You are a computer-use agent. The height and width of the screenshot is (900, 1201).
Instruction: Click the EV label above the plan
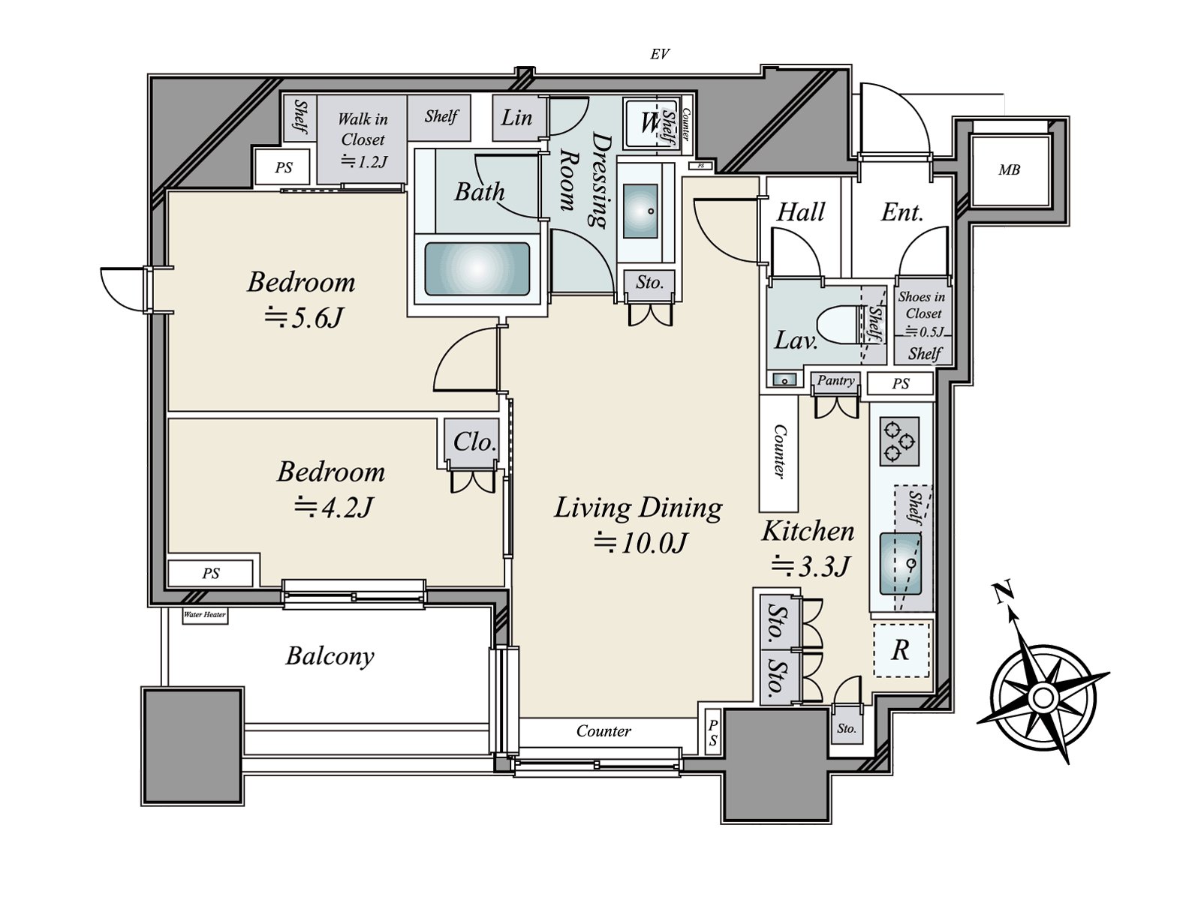point(659,54)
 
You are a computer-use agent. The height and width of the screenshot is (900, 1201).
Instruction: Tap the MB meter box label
point(1010,170)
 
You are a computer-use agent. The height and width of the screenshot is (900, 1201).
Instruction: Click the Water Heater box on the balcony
point(205,615)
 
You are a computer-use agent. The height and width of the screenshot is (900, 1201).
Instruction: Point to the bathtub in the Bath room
point(477,268)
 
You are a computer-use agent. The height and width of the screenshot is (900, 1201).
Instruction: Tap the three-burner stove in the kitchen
point(899,441)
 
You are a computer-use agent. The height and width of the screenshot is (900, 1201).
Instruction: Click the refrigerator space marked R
point(902,650)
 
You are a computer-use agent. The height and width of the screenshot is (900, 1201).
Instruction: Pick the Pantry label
point(835,380)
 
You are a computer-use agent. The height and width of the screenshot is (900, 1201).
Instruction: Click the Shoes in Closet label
point(923,305)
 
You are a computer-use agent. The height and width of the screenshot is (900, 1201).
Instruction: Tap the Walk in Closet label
point(363,129)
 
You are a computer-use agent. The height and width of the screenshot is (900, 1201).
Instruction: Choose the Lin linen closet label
point(516,118)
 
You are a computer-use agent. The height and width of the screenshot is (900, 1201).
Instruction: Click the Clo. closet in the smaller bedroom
point(474,442)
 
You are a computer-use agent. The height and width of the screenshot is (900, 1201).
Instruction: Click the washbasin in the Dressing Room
point(640,211)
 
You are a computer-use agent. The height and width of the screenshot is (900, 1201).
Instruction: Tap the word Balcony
point(330,656)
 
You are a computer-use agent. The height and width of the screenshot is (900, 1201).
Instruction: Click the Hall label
point(800,212)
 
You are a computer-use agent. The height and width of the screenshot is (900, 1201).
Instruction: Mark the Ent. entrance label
point(902,212)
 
